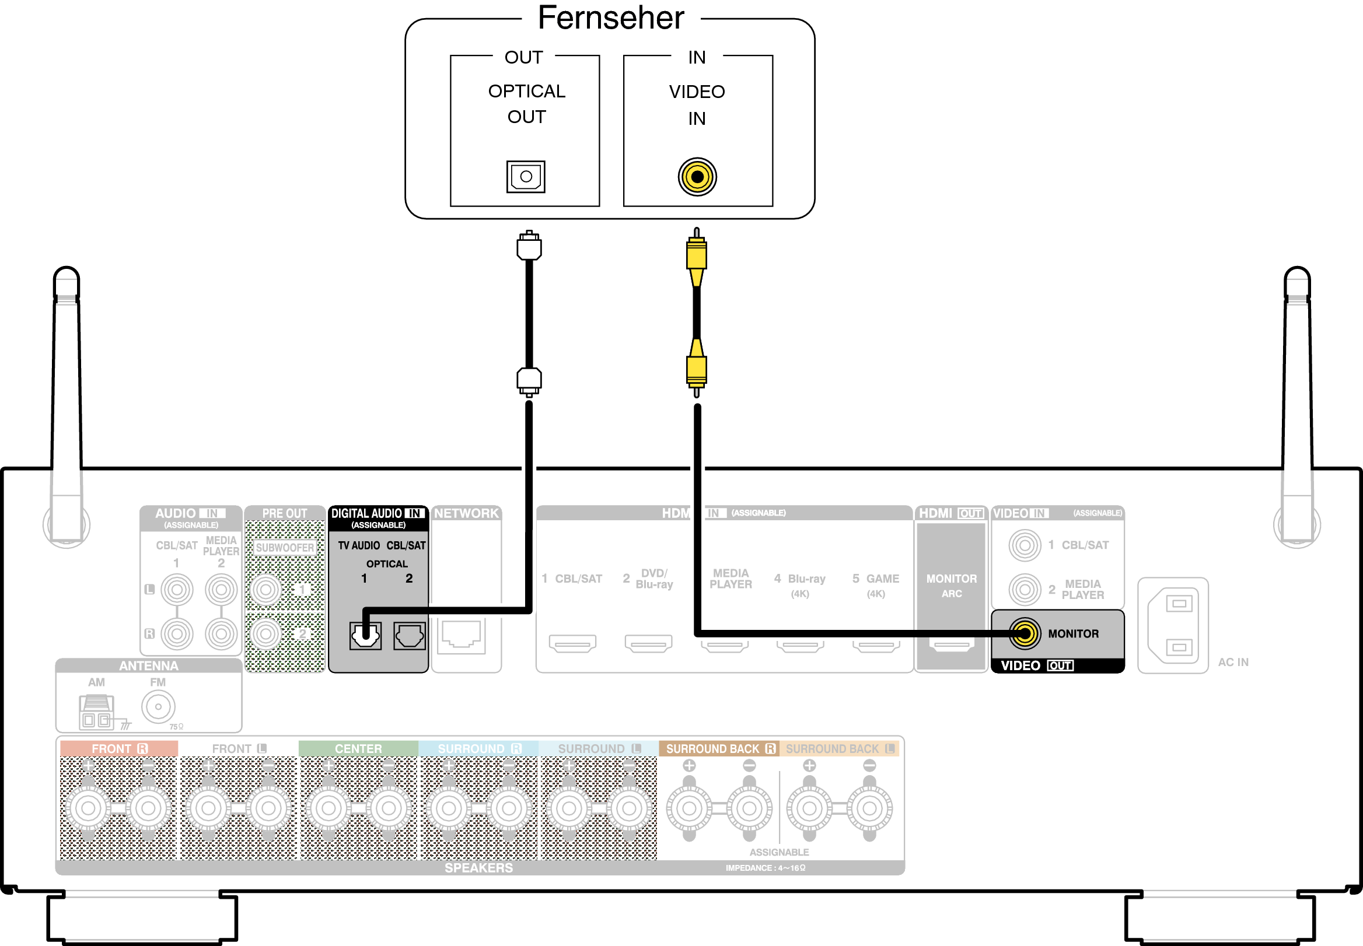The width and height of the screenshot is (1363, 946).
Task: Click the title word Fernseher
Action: (x=611, y=17)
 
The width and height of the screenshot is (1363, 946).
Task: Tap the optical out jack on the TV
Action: (x=526, y=177)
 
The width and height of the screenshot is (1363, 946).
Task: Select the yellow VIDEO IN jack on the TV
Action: (x=697, y=177)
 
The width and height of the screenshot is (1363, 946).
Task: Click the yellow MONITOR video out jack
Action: (x=1025, y=633)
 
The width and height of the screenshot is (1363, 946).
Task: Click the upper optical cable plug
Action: (x=529, y=247)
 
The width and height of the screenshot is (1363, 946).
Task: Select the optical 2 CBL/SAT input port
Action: (x=409, y=636)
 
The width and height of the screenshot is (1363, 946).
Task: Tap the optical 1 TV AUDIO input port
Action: (x=365, y=636)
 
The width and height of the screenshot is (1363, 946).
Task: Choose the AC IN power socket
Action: (x=1173, y=625)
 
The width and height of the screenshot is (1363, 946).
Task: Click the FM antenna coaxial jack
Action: (x=158, y=706)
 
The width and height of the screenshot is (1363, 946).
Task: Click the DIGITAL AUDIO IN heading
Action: (x=378, y=513)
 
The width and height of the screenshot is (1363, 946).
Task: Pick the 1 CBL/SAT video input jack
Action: (x=1025, y=545)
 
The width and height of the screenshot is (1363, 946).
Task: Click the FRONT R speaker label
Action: (x=119, y=749)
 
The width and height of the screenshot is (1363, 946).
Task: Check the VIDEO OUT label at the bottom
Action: (x=1036, y=665)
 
